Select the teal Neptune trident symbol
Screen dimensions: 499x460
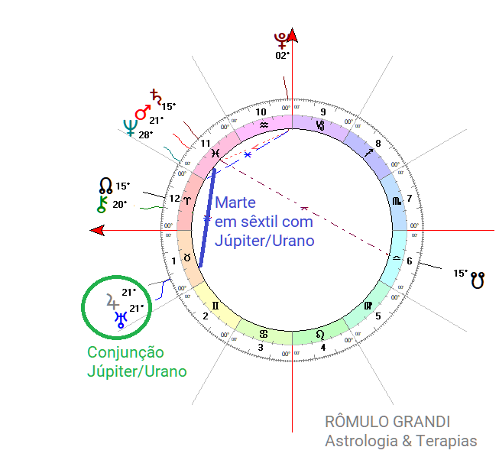pos(131,128)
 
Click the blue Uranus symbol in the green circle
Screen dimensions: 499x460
pos(120,319)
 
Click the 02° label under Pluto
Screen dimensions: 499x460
pos(283,55)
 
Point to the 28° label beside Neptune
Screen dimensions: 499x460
pos(146,134)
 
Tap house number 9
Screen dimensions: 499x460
pos(323,110)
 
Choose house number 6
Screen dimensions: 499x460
pos(410,261)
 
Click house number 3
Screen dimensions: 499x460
pos(260,348)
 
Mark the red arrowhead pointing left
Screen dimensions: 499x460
pos(96,230)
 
